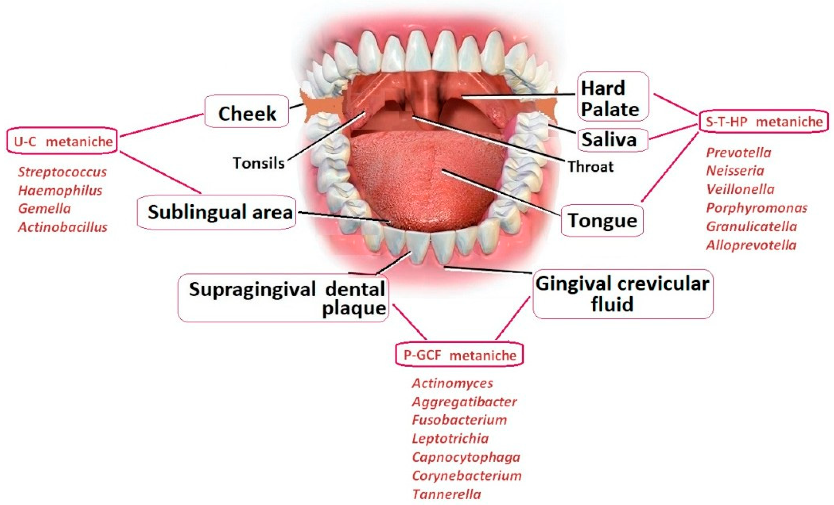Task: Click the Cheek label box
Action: [246, 111]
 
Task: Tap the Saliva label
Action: [612, 140]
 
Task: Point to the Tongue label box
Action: [602, 220]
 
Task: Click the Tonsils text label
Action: [258, 163]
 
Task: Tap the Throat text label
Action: [590, 166]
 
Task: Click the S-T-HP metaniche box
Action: [764, 121]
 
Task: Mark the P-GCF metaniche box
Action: [459, 355]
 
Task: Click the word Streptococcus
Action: [62, 172]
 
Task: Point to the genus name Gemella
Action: [44, 209]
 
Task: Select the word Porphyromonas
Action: [756, 208]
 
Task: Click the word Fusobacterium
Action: [459, 420]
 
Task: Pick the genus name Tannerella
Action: [446, 494]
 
